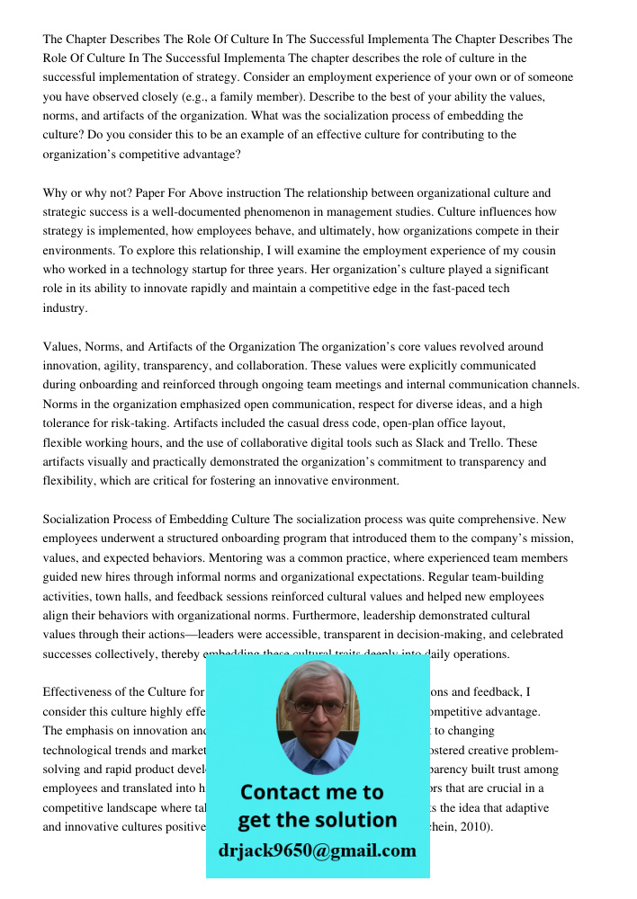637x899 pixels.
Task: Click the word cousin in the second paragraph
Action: point(538,250)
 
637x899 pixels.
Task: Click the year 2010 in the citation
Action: point(476,826)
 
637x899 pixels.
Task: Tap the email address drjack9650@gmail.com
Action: point(317,850)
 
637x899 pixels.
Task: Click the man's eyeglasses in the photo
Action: point(316,708)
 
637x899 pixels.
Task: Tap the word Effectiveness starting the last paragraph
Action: point(84,692)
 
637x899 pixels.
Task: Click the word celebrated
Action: point(512,635)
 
